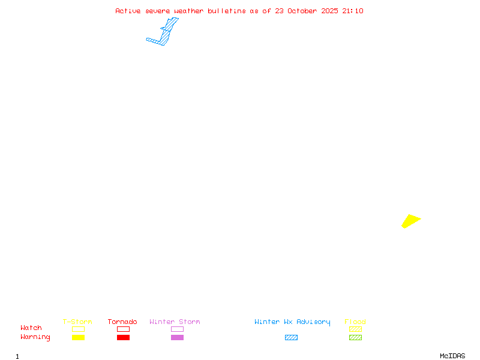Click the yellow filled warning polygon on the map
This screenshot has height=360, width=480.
(410, 221)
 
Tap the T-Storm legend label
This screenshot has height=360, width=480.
(77, 322)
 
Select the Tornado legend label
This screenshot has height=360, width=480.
(122, 322)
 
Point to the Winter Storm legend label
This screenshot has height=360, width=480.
(175, 322)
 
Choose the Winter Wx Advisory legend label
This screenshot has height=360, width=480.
(292, 322)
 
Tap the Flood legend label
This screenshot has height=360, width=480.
(355, 322)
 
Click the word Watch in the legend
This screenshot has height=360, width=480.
(31, 328)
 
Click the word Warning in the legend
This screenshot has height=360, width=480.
(35, 337)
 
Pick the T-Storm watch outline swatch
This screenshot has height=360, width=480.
(78, 329)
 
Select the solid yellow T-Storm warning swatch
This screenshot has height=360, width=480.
(78, 337)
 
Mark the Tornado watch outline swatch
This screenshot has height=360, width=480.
(123, 329)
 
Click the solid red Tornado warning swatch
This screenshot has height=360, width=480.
(123, 337)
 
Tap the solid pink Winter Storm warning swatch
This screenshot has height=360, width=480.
(177, 337)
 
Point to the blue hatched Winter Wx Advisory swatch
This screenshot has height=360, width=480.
(291, 337)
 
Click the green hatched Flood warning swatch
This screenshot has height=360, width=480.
(355, 337)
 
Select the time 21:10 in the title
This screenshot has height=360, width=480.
(353, 11)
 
